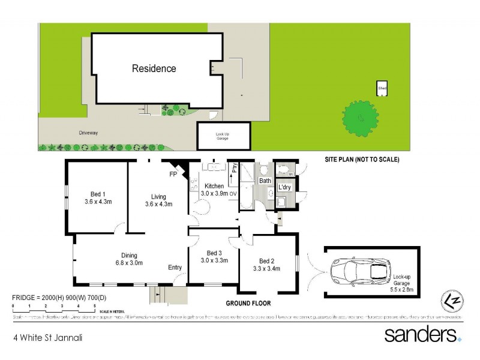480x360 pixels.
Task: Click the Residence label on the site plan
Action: (x=154, y=68)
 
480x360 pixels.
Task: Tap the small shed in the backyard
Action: (x=382, y=88)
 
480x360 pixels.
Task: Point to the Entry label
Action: (x=175, y=268)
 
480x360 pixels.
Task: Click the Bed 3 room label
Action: (x=214, y=256)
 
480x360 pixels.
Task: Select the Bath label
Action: (x=265, y=181)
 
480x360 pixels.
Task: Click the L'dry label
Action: (x=284, y=187)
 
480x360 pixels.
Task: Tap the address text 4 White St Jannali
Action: (x=47, y=337)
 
